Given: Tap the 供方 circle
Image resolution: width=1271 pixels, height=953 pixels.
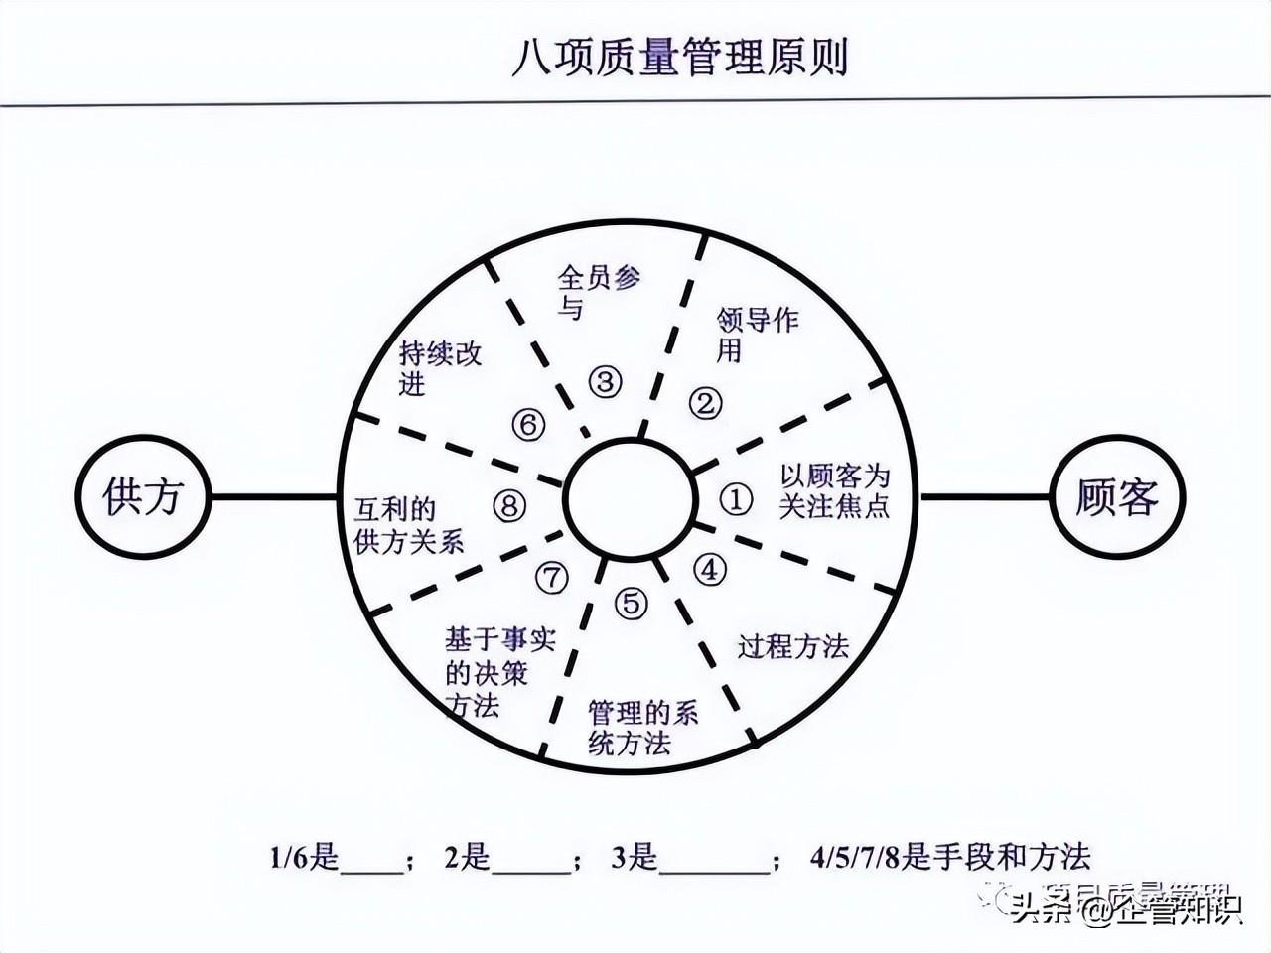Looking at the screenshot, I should [x=144, y=496].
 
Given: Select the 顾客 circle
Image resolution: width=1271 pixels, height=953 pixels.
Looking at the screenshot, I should [x=1117, y=496].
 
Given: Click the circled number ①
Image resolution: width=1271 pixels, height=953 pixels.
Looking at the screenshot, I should [x=736, y=499].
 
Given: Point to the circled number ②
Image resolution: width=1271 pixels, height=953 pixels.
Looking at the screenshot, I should [x=705, y=402].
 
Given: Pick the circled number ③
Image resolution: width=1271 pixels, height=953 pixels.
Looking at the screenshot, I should [x=604, y=381].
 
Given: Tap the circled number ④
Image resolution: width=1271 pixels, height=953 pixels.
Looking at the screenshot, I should [x=710, y=569].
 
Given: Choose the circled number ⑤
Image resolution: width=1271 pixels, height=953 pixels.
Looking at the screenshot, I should [x=631, y=603].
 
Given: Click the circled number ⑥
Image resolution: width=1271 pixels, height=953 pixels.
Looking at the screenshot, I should [x=528, y=425].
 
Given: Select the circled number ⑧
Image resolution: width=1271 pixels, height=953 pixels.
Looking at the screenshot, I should [x=508, y=506].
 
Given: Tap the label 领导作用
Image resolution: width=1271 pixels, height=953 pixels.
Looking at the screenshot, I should [x=757, y=335].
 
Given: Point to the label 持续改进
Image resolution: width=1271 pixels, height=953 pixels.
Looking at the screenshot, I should [x=440, y=367].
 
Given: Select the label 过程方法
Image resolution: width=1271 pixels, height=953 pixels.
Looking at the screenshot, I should [x=792, y=647].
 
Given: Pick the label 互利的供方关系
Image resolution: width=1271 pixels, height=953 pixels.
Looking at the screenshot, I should [x=408, y=525].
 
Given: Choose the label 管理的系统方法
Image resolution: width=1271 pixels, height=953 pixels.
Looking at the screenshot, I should [x=642, y=727].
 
